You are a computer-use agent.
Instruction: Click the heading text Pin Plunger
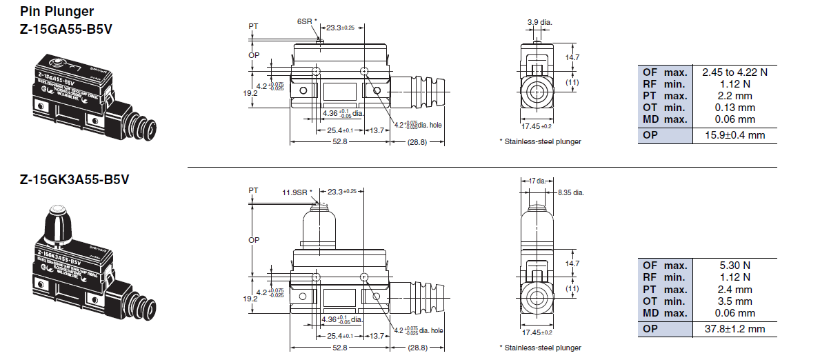[x=57, y=12]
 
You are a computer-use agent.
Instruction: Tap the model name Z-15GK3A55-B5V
[x=74, y=180]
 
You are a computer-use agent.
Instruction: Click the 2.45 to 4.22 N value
[x=734, y=72]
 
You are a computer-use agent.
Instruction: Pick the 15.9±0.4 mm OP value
[x=734, y=135]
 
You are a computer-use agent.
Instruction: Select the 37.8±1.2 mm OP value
[x=734, y=329]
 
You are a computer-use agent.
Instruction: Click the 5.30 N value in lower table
[x=734, y=266]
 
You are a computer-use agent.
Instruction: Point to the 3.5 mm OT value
[x=734, y=301]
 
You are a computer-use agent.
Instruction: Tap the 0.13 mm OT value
[x=734, y=108]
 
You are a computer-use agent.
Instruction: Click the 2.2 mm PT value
[x=734, y=96]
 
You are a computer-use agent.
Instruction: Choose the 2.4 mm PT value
[x=734, y=290]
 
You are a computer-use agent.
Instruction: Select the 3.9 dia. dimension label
[x=539, y=22]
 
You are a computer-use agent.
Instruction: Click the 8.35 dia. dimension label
[x=570, y=192]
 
